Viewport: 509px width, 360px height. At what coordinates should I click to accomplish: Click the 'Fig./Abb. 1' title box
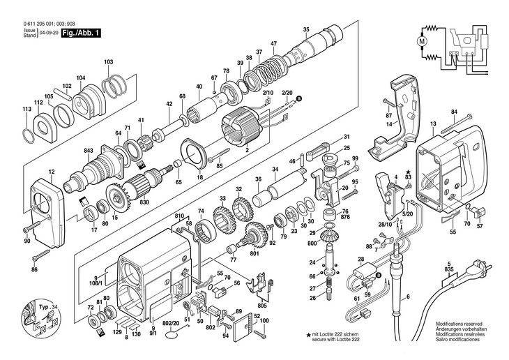(81, 33)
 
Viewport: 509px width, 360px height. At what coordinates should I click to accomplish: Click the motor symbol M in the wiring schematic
(422, 41)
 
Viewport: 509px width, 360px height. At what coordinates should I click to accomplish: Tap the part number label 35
(306, 29)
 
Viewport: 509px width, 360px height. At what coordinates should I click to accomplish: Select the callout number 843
(89, 151)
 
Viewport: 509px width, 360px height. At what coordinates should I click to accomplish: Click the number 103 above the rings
(108, 61)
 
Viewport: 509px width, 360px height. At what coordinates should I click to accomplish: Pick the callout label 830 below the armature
(144, 202)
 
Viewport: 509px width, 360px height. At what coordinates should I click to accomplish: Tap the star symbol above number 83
(408, 171)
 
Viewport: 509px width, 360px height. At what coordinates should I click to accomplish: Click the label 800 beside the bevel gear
(312, 243)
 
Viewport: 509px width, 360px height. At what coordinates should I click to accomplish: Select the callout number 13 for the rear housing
(433, 123)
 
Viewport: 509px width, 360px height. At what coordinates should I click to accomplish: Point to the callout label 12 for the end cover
(52, 172)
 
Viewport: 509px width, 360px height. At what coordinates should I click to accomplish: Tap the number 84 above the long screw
(454, 112)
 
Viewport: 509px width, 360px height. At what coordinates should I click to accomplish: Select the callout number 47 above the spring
(273, 43)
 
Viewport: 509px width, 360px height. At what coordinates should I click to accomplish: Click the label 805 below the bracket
(262, 306)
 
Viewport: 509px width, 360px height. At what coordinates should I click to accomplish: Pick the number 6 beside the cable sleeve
(408, 297)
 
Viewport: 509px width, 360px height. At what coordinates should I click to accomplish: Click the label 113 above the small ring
(27, 109)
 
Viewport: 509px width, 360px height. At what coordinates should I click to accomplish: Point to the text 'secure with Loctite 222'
(335, 340)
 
